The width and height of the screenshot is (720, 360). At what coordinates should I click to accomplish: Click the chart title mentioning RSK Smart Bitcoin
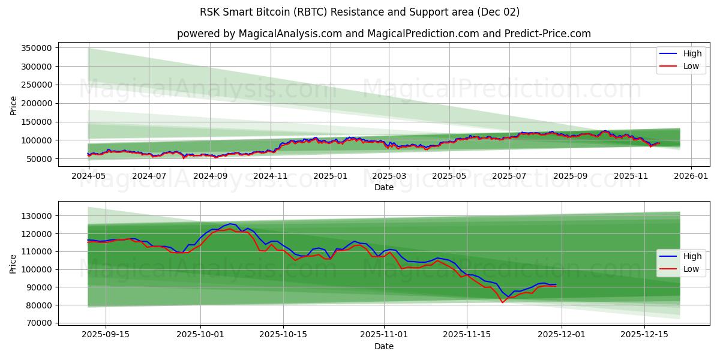[360, 12]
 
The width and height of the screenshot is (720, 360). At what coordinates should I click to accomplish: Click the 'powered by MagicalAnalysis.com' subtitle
[384, 34]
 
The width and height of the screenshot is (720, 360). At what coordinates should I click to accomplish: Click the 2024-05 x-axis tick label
[88, 176]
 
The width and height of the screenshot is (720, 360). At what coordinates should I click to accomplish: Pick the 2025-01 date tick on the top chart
[330, 176]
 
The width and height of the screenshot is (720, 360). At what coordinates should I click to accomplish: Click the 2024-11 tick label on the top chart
[270, 176]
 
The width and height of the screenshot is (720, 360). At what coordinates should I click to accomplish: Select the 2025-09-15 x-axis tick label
[106, 334]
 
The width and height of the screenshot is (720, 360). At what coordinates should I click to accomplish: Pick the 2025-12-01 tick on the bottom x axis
[562, 334]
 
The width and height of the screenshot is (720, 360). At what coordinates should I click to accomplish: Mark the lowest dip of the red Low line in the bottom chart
[503, 302]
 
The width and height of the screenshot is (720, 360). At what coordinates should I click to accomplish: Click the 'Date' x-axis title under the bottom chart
[384, 347]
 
